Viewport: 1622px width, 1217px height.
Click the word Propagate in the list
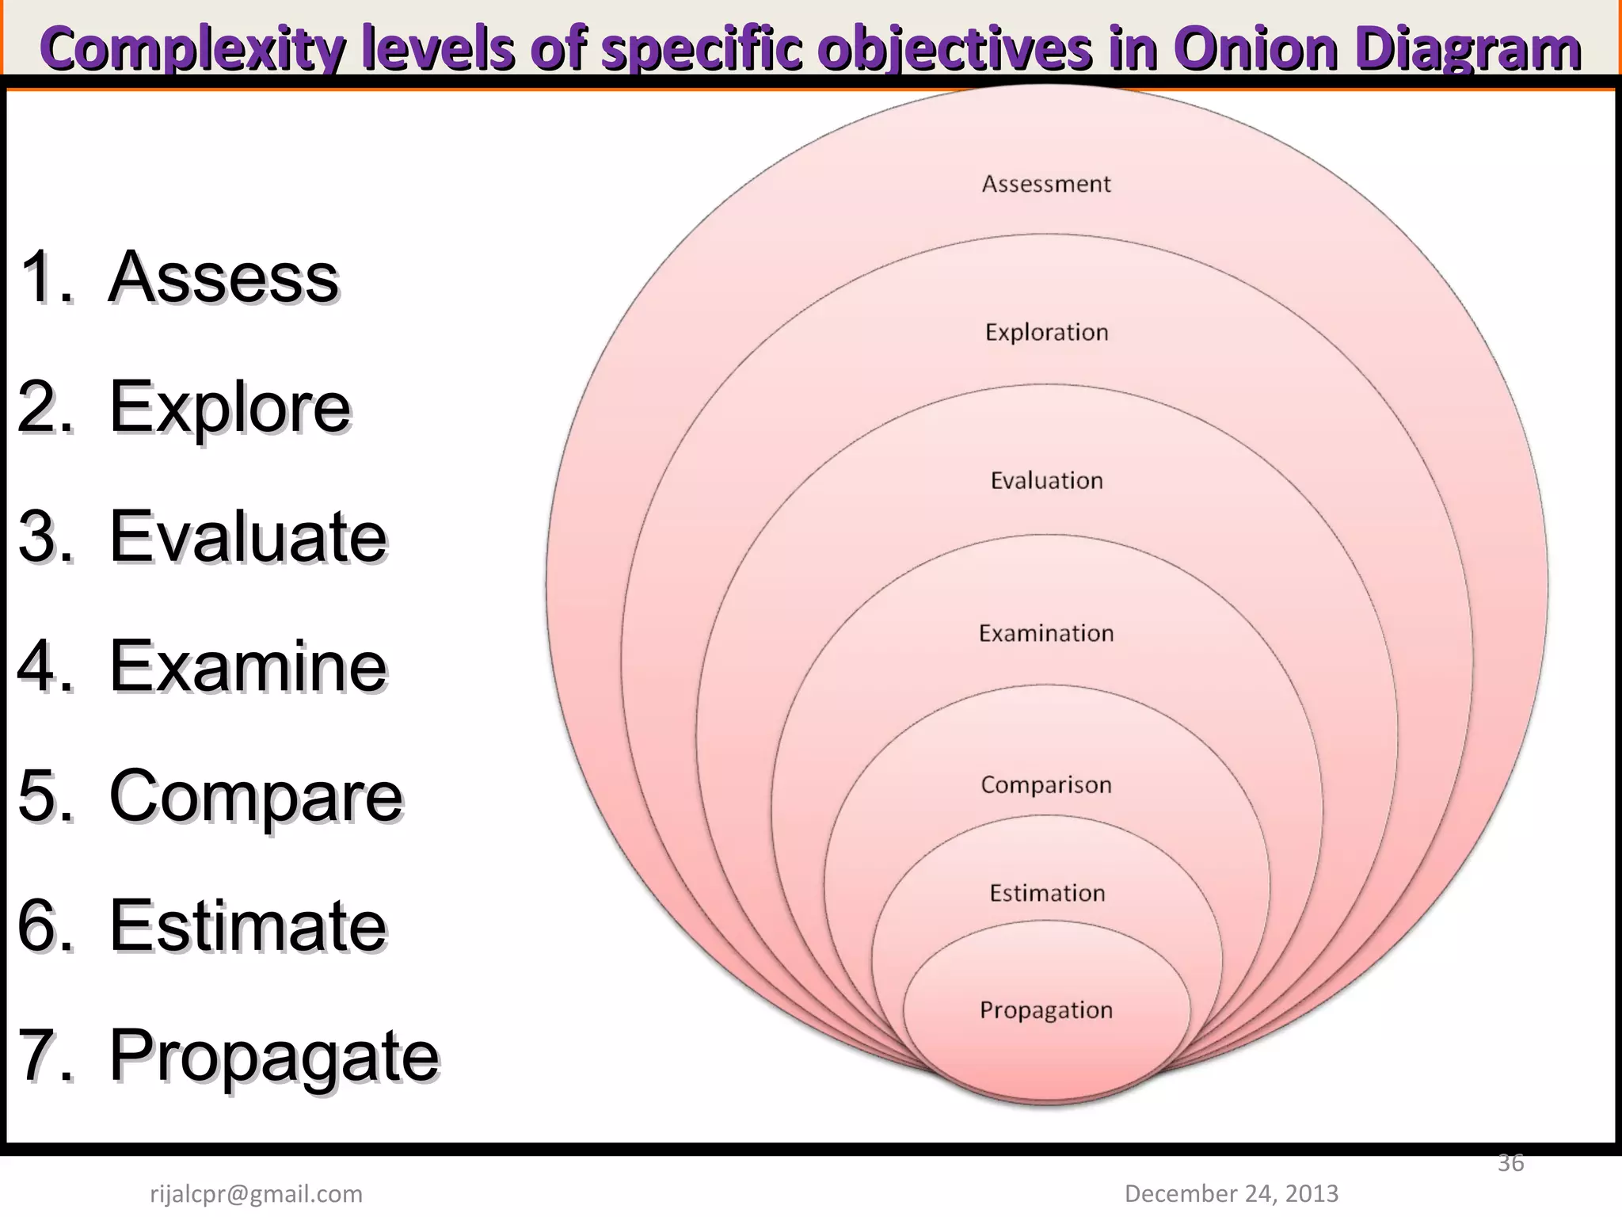tap(273, 1056)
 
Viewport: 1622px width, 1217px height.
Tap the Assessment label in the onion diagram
tap(1046, 184)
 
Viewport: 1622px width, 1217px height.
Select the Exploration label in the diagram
tap(1046, 332)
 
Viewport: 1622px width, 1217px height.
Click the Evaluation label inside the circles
tap(1046, 480)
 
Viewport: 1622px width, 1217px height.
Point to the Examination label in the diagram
tap(1046, 633)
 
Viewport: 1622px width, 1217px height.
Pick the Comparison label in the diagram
tap(1046, 784)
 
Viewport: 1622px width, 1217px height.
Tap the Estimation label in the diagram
tap(1046, 893)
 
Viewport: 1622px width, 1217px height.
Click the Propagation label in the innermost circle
tap(1046, 1010)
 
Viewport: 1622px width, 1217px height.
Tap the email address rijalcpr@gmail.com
tap(256, 1193)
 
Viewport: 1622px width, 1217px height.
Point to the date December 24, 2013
tap(1231, 1193)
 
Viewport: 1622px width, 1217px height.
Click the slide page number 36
tap(1510, 1163)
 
